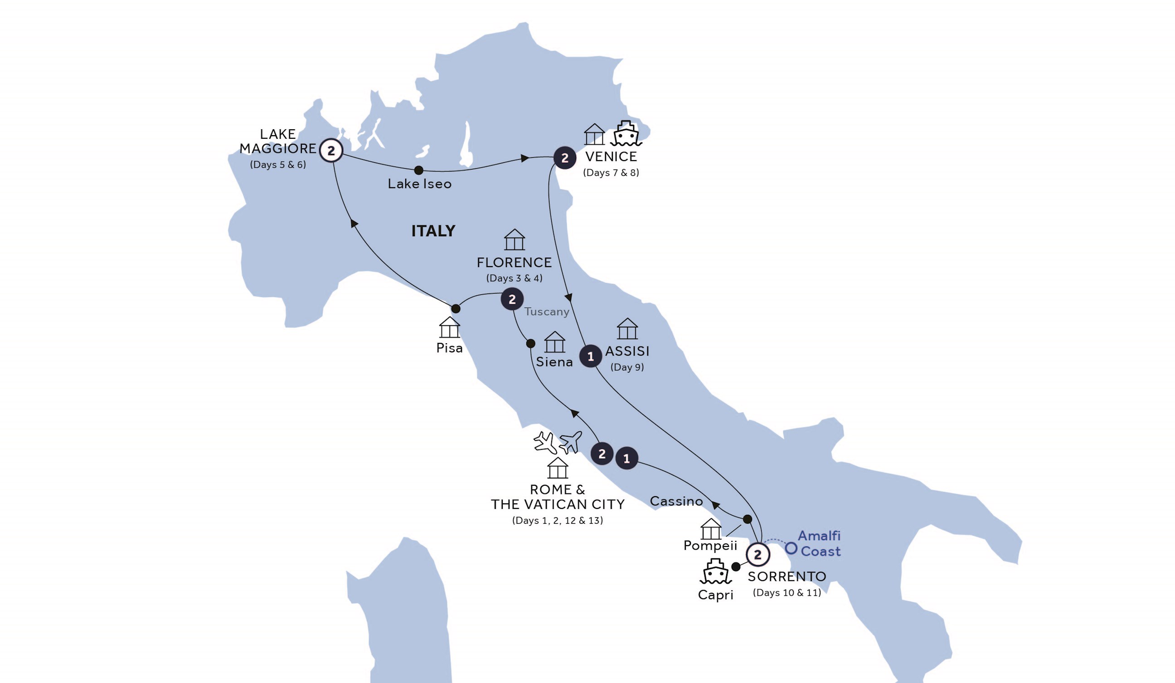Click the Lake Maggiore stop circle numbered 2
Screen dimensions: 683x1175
pyautogui.click(x=331, y=151)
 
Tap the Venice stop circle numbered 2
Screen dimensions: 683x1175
pyautogui.click(x=565, y=158)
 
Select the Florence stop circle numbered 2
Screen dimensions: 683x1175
pyautogui.click(x=512, y=299)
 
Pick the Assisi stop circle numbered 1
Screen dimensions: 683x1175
pyautogui.click(x=590, y=356)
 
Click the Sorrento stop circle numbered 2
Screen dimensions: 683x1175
pyautogui.click(x=757, y=554)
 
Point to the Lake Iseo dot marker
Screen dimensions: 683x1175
pyautogui.click(x=419, y=170)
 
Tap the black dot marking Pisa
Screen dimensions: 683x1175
pyautogui.click(x=456, y=308)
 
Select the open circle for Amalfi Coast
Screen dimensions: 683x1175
pyautogui.click(x=791, y=548)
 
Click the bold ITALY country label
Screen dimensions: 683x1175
pyautogui.click(x=433, y=231)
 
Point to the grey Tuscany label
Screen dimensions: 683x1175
pyautogui.click(x=546, y=312)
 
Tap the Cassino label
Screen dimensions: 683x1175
pyautogui.click(x=676, y=501)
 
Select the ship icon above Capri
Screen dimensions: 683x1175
pyautogui.click(x=715, y=571)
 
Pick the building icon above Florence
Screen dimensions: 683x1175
pyautogui.click(x=515, y=240)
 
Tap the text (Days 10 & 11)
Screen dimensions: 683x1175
pyautogui.click(x=787, y=592)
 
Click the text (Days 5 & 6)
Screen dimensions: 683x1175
pyautogui.click(x=278, y=165)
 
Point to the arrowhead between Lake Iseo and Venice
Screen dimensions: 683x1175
pyautogui.click(x=525, y=159)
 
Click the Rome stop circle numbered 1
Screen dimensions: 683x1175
pyautogui.click(x=626, y=459)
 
